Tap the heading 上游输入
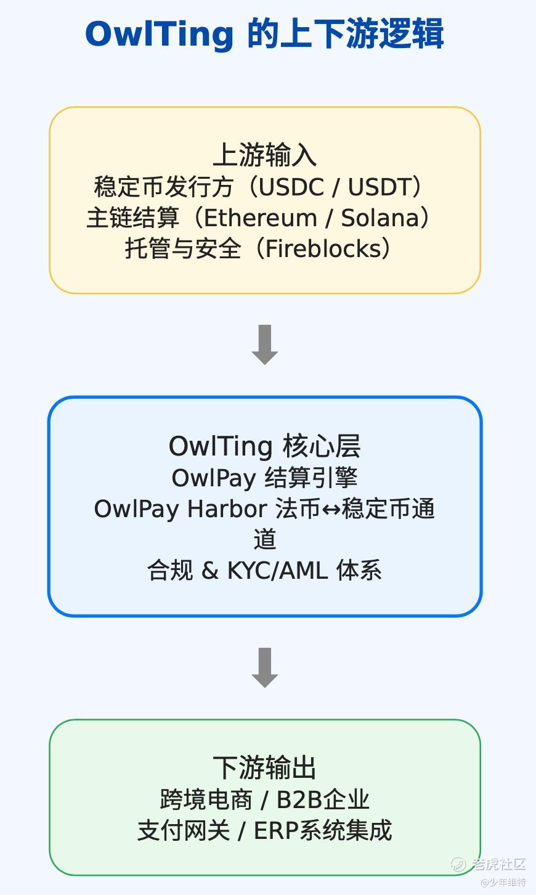(x=264, y=155)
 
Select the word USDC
(x=291, y=187)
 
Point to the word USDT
(x=380, y=187)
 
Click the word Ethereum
(x=261, y=218)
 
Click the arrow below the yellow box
(x=264, y=345)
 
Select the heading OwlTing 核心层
(x=264, y=446)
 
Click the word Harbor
(x=227, y=509)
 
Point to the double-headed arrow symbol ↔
(x=331, y=509)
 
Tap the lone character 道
(x=265, y=539)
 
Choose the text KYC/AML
(x=278, y=570)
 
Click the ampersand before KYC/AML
(x=210, y=570)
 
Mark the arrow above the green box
(x=264, y=668)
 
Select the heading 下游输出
(x=264, y=767)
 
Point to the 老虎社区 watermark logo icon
(x=458, y=864)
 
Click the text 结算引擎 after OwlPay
(x=311, y=478)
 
